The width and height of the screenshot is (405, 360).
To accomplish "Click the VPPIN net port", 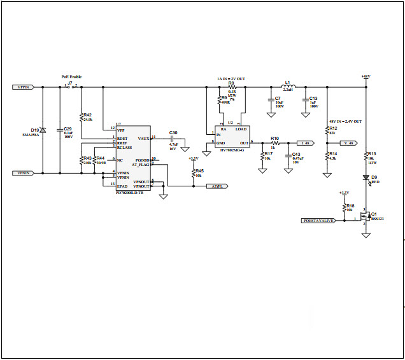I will tap(24, 87).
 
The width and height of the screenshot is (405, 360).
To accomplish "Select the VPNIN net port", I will tap(24, 172).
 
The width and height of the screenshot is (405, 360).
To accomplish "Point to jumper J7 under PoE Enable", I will tap(71, 87).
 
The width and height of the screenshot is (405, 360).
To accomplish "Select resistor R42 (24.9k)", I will tap(82, 117).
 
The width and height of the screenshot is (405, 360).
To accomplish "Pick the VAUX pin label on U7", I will tap(143, 137).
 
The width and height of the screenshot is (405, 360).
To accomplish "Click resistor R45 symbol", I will tap(193, 172).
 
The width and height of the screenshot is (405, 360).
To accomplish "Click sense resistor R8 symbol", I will tap(231, 87).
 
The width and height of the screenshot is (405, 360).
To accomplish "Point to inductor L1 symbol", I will tap(287, 87).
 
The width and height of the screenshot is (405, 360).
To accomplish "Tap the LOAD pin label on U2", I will tap(241, 129).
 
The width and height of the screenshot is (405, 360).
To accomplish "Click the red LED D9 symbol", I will tap(366, 180).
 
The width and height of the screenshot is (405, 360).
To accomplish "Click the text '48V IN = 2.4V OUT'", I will tap(345, 121).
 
